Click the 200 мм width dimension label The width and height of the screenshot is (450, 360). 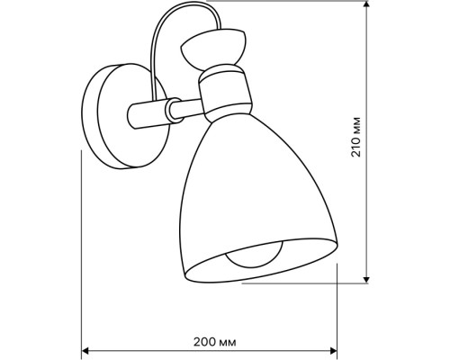pyautogui.click(x=214, y=342)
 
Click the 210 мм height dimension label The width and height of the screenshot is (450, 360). pyautogui.click(x=356, y=137)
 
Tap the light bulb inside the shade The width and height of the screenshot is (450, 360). pyautogui.click(x=255, y=256)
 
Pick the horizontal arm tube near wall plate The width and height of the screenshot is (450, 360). pyautogui.click(x=147, y=114)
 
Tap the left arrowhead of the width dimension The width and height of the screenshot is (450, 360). pyautogui.click(x=85, y=350)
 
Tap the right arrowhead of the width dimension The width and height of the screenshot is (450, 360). pyautogui.click(x=334, y=350)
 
